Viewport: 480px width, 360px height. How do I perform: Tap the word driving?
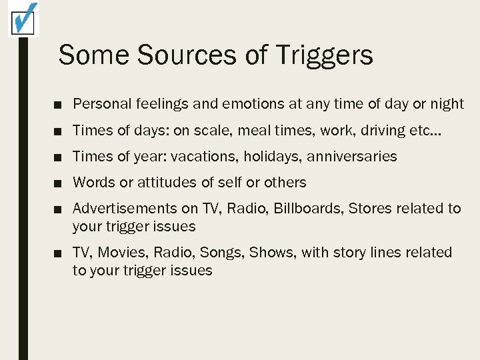[x=385, y=131]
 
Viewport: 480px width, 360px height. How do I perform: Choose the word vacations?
[x=203, y=157]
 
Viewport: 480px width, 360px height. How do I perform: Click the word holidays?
[x=271, y=157]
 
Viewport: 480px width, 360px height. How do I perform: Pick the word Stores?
[x=369, y=209]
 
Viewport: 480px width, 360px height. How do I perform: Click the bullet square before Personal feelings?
[x=60, y=105]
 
